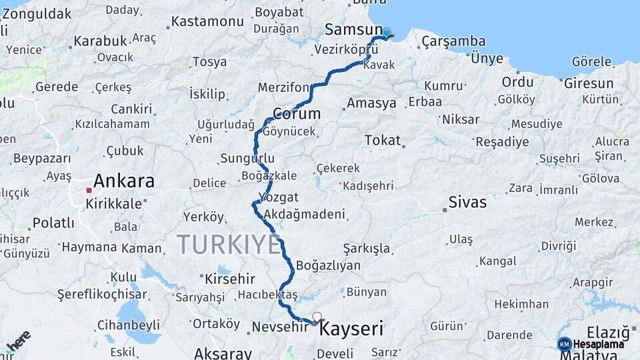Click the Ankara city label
tap(124, 181)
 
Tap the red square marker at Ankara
tap(89, 190)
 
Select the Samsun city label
tap(353, 29)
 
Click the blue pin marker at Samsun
tap(386, 33)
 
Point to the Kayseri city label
tap(351, 329)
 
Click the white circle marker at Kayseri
tap(317, 317)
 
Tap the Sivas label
tap(467, 202)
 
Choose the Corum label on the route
tap(297, 113)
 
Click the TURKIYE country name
tap(229, 245)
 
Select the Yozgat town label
tap(278, 197)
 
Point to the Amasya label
tap(371, 103)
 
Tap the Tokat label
tap(383, 140)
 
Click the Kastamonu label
tap(207, 21)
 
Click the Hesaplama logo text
tap(599, 344)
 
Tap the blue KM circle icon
tap(564, 344)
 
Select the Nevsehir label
tap(280, 327)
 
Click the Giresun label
tap(589, 83)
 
